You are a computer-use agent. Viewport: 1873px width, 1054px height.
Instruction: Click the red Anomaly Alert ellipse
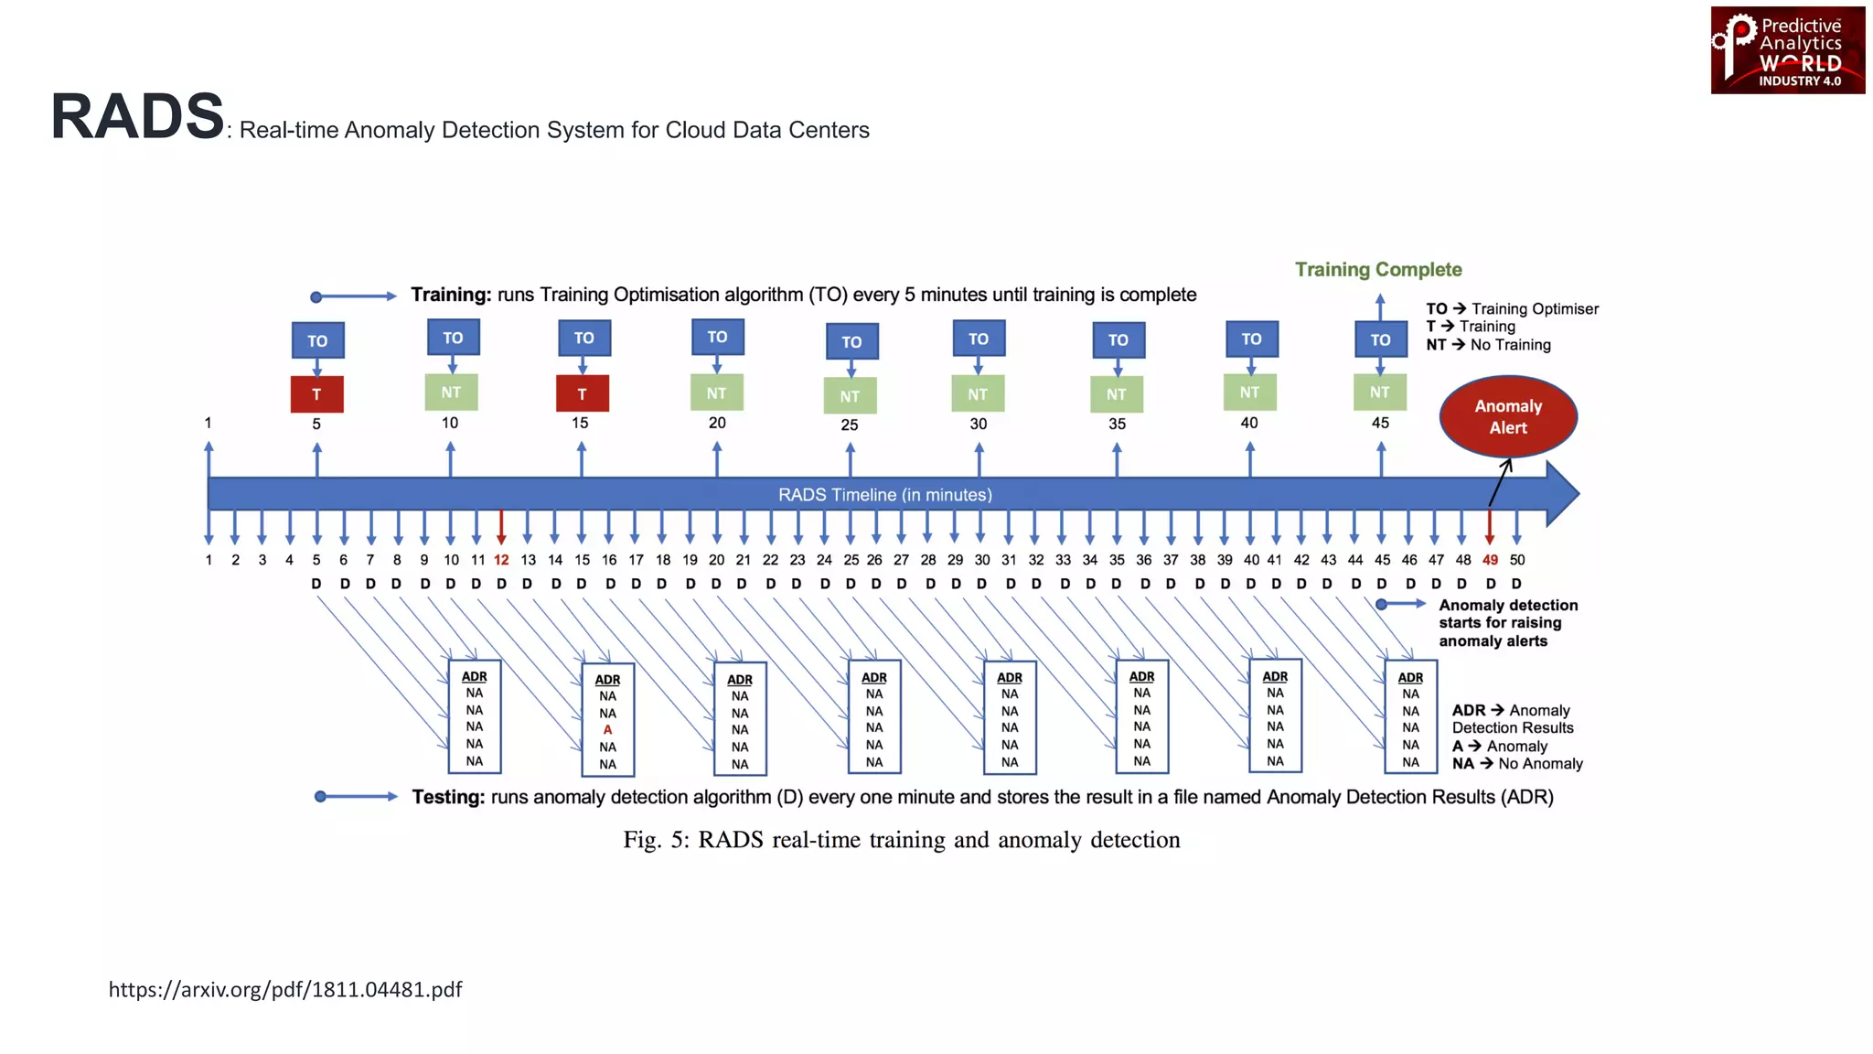(1508, 417)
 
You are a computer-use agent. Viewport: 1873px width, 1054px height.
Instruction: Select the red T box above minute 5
(316, 394)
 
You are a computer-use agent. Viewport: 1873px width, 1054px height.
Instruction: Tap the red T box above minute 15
(583, 394)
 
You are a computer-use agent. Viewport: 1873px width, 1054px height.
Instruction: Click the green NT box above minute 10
(451, 393)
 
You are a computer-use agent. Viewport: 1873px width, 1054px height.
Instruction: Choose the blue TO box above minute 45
(1380, 339)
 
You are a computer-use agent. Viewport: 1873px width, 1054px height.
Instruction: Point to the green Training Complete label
(1378, 270)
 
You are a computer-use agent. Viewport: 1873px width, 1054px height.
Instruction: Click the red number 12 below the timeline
(501, 560)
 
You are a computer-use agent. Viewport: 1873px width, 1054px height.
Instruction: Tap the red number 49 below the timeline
(1490, 560)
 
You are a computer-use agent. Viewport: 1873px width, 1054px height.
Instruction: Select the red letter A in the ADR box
(607, 730)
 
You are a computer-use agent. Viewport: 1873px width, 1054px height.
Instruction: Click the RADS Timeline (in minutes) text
(884, 495)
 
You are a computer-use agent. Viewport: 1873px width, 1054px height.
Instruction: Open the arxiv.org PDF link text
(285, 990)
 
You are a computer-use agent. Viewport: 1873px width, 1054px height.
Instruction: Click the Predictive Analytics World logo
(1787, 51)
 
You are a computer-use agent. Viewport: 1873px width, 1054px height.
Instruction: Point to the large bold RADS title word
(137, 117)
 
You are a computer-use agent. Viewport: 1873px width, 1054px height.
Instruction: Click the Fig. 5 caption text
(902, 840)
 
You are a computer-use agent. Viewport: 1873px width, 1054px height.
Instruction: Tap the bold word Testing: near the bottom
(448, 797)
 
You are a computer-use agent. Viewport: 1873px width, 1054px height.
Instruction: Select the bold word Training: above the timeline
(451, 295)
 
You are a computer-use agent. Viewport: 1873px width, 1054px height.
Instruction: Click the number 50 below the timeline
(1517, 560)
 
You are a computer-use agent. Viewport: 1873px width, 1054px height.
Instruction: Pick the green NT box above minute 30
(978, 394)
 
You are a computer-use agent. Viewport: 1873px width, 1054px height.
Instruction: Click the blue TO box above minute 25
(851, 342)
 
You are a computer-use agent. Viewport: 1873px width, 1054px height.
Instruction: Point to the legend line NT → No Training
(1488, 345)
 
